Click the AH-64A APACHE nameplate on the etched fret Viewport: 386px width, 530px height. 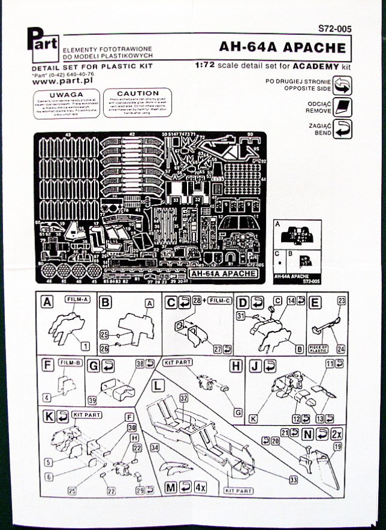tap(223, 273)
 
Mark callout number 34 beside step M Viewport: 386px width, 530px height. tap(154, 447)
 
